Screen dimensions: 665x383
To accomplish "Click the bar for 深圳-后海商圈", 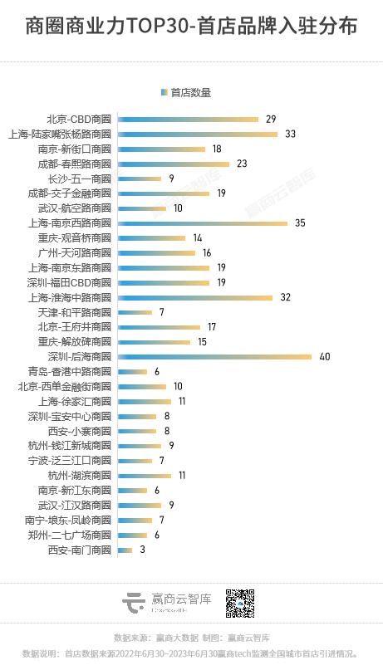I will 214,357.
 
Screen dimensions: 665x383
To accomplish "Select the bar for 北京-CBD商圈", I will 188,119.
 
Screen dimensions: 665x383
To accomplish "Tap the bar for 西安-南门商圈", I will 125,550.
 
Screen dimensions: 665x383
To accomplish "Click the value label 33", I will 291,134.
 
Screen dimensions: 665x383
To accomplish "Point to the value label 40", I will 325,357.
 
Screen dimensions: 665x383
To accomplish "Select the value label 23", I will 243,164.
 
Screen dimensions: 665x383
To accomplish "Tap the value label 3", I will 142,550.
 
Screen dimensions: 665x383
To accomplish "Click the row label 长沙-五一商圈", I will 80,178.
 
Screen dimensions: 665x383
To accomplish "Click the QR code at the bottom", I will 240,604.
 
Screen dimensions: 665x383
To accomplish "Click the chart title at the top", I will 191,27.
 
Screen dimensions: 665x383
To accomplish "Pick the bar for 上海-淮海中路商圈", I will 195,297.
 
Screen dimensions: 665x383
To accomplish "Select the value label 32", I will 285,297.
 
